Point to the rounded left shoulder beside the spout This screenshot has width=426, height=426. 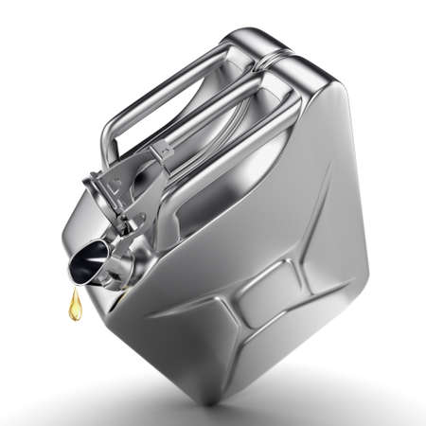(x=76, y=227)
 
